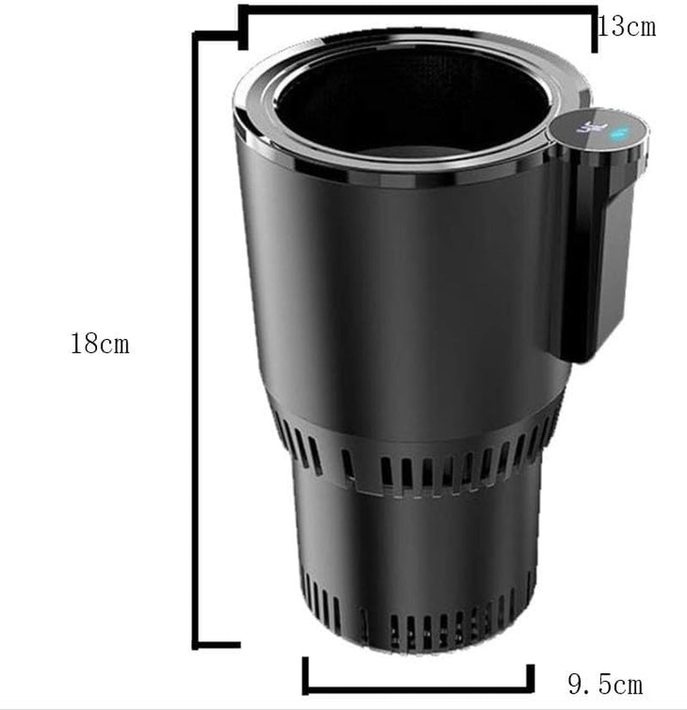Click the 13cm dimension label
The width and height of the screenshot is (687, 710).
pos(627,27)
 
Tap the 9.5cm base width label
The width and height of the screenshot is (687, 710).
pos(605,684)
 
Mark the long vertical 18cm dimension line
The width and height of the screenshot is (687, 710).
pos(199,343)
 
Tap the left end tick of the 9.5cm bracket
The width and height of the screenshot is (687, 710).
pos(307,674)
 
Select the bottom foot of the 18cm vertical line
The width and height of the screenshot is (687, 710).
pos(219,644)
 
